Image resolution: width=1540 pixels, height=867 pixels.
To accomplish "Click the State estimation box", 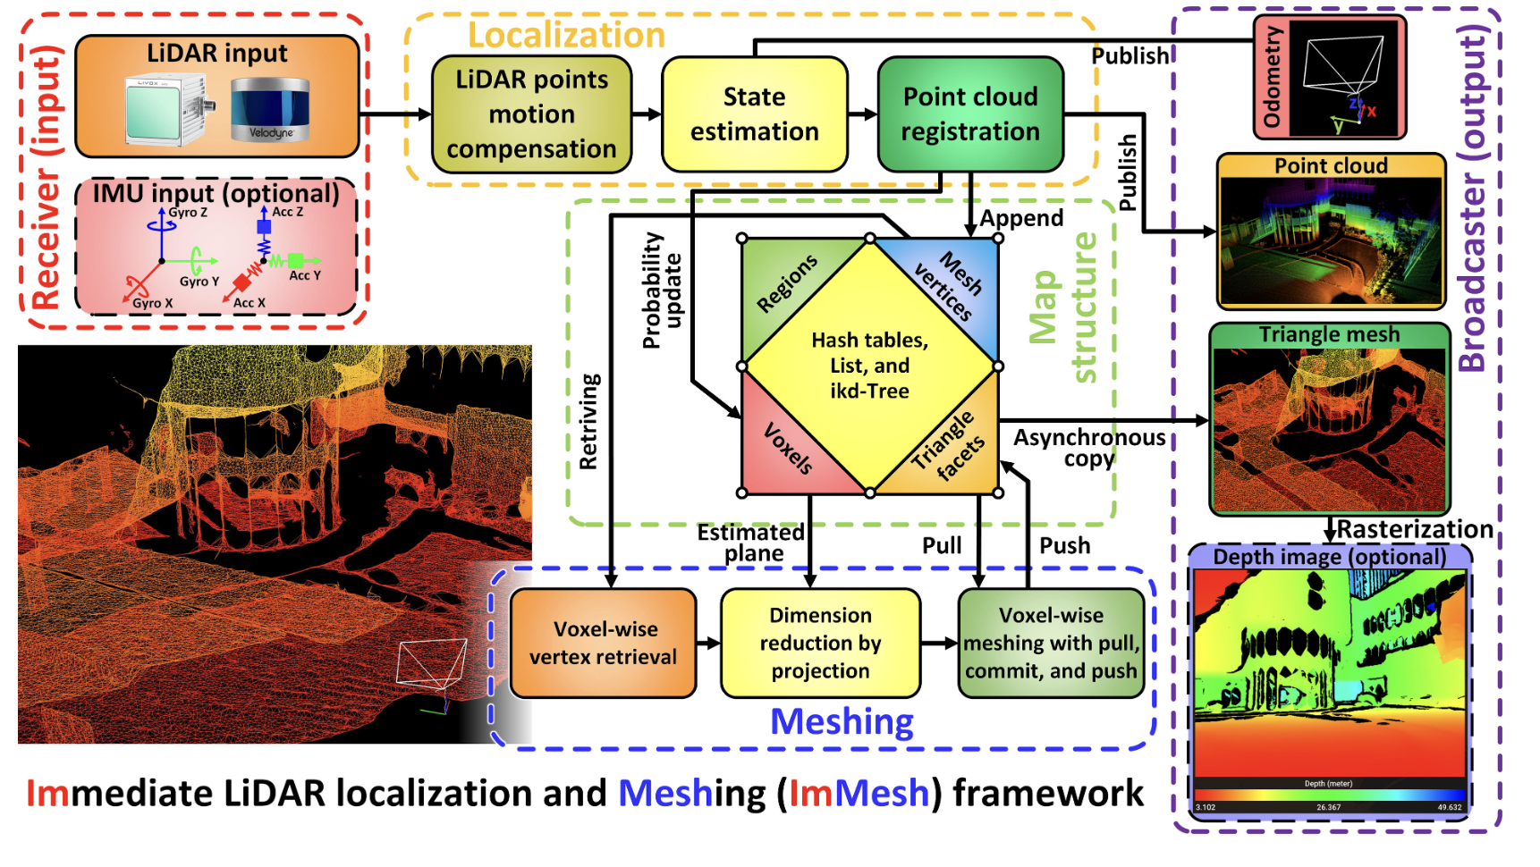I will pos(754,114).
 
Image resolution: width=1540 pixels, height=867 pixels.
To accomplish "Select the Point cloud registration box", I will pos(970,114).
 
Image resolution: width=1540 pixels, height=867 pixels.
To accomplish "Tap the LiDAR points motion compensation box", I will pos(531,114).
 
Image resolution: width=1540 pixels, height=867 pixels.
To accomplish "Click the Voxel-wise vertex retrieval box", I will pos(603,643).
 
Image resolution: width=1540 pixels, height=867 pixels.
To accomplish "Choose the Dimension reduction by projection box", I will pos(820,643).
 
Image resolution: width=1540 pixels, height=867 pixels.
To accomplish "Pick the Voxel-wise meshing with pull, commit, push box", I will pos(1051,643).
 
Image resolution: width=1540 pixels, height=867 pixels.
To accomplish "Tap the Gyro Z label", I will pos(188,213).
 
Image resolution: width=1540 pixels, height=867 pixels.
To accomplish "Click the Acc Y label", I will pos(304,275).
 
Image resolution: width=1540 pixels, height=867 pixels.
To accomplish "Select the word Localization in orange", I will pos(566,36).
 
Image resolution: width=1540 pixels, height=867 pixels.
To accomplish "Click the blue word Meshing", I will pos(842,721).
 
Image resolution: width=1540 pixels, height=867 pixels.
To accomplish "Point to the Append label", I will pos(1021,218).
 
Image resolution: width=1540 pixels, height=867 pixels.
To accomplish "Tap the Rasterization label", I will pos(1414,529).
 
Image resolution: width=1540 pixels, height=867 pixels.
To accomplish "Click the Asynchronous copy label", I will pos(1089,448).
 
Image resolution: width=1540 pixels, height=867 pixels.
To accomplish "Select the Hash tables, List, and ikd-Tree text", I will pos(869,366).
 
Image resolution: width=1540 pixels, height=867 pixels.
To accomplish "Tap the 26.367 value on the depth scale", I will pos(1328,807).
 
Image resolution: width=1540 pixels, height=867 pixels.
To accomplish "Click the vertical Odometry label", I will pos(1272,77).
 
